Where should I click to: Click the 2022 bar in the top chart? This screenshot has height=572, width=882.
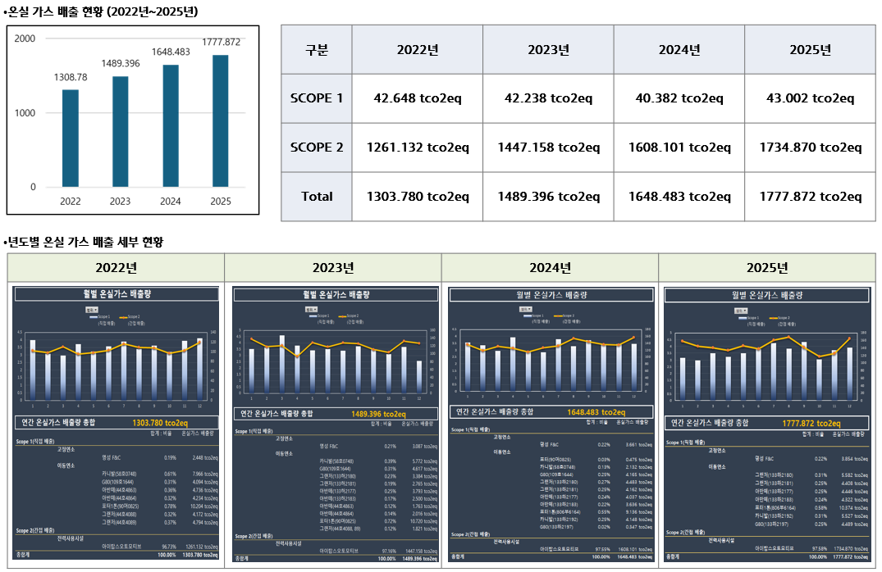71,138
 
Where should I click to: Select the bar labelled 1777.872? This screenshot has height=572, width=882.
220,120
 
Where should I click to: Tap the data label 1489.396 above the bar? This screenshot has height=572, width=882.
121,64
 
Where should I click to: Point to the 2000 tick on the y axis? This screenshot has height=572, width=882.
25,39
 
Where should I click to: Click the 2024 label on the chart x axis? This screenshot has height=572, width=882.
170,202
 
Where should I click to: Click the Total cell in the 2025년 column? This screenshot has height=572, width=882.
810,197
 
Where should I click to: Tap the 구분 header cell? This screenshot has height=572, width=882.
317,49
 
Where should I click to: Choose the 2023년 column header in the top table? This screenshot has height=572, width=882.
549,49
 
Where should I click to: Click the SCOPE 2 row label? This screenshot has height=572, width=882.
317,148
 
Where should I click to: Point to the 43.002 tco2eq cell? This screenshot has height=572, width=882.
810,98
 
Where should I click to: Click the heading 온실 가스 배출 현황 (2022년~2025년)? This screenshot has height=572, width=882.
103,11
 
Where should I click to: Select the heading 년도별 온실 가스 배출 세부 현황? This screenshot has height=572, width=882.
85,242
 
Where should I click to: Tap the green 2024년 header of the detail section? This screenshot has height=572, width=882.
550,268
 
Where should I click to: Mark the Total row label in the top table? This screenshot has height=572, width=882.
317,197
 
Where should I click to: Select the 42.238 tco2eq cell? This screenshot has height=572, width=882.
549,98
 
